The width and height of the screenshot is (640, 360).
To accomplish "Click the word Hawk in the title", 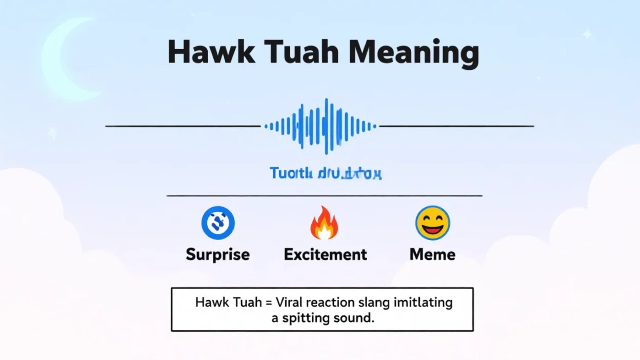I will coord(211,52).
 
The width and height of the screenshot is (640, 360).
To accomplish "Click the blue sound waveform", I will coord(321,126).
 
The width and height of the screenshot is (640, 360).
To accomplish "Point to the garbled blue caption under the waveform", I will coord(326,173).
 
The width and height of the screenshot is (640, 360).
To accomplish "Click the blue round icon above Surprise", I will coord(218,224).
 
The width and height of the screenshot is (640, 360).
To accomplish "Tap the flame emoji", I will coord(324,224).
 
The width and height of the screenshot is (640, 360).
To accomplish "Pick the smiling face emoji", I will coord(432,224).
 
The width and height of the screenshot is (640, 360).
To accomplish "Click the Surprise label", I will coord(218,254).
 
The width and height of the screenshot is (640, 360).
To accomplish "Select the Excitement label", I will coord(326,254).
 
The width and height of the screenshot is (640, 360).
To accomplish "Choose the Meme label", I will coord(432,254).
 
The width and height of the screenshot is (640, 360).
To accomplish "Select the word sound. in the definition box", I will coord(353,318).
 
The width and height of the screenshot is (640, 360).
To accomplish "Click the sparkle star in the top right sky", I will coord(587,34).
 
